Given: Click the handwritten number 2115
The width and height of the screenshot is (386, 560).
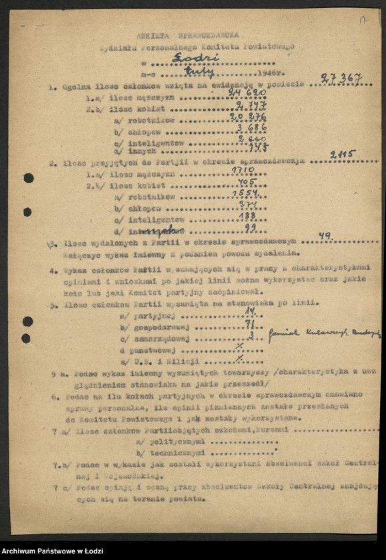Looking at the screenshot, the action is click(342, 155).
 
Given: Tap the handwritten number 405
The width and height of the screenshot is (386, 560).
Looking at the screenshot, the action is click(246, 183).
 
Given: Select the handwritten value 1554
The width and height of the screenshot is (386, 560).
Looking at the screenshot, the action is click(249, 195).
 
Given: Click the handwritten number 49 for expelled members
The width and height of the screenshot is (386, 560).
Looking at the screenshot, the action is click(325, 235).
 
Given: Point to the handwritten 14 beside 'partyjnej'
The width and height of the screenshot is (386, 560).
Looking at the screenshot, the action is click(250, 311).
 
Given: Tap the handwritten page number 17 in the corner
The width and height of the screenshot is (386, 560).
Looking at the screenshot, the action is click(363, 20).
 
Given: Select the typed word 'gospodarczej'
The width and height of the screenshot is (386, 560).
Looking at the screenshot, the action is click(163, 327).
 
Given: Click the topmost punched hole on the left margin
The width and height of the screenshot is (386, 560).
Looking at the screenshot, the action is click(28, 178).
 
